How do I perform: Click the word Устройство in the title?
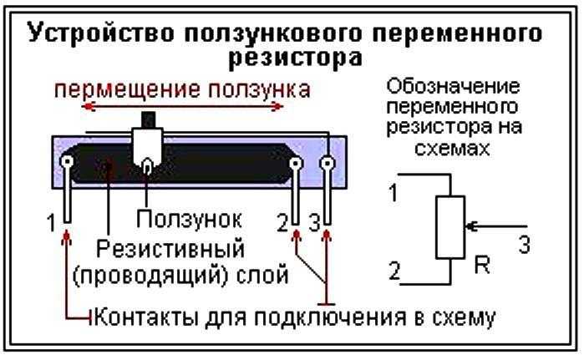click(100, 33)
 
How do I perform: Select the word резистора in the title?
click(295, 58)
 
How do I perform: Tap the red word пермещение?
click(127, 90)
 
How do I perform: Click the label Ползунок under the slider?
click(189, 220)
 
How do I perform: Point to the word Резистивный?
click(170, 249)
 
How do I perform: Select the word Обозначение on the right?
click(453, 87)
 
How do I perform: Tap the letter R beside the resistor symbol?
click(482, 265)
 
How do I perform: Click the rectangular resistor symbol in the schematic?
click(450, 227)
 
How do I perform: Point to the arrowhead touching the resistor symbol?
click(470, 226)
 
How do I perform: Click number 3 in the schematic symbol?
click(524, 245)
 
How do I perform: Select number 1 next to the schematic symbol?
click(394, 192)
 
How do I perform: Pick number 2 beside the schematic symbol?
click(395, 271)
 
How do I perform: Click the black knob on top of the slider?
click(148, 119)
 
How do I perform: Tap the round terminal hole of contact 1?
click(68, 162)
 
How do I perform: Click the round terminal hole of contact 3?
click(328, 163)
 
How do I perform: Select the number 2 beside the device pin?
click(283, 224)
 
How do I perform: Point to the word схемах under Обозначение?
click(453, 149)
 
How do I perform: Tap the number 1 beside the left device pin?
click(52, 223)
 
